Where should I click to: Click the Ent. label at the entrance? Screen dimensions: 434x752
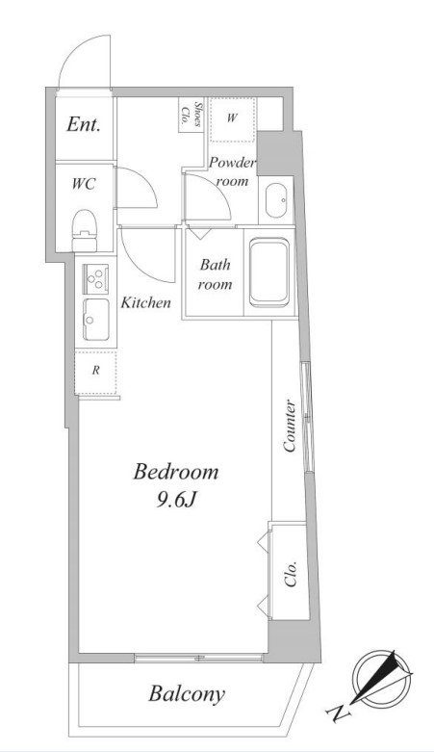pos(84,125)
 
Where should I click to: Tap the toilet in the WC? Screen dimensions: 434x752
pos(85,231)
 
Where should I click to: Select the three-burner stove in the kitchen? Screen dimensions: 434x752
pos(96,278)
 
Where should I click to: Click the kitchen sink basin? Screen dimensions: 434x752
pos(96,320)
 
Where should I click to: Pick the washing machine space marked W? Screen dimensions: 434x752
pos(232,119)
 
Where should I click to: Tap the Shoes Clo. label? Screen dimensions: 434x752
pos(191,115)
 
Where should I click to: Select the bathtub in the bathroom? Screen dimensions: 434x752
pos(269,272)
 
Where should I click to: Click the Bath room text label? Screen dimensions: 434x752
pos(216,273)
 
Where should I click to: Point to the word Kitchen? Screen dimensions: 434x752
pos(145,302)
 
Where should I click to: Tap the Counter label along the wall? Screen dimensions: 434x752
pos(290,426)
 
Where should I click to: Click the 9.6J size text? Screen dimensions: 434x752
pos(175,501)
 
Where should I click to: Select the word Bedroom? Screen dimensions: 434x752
pos(175,473)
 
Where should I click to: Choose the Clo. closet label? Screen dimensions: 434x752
pos(291,574)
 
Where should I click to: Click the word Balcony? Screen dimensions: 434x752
pos(187,693)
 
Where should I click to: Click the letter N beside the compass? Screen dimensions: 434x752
pos(339,713)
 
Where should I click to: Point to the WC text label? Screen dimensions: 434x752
pos(84,184)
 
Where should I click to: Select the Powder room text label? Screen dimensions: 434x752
pos(232,171)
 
